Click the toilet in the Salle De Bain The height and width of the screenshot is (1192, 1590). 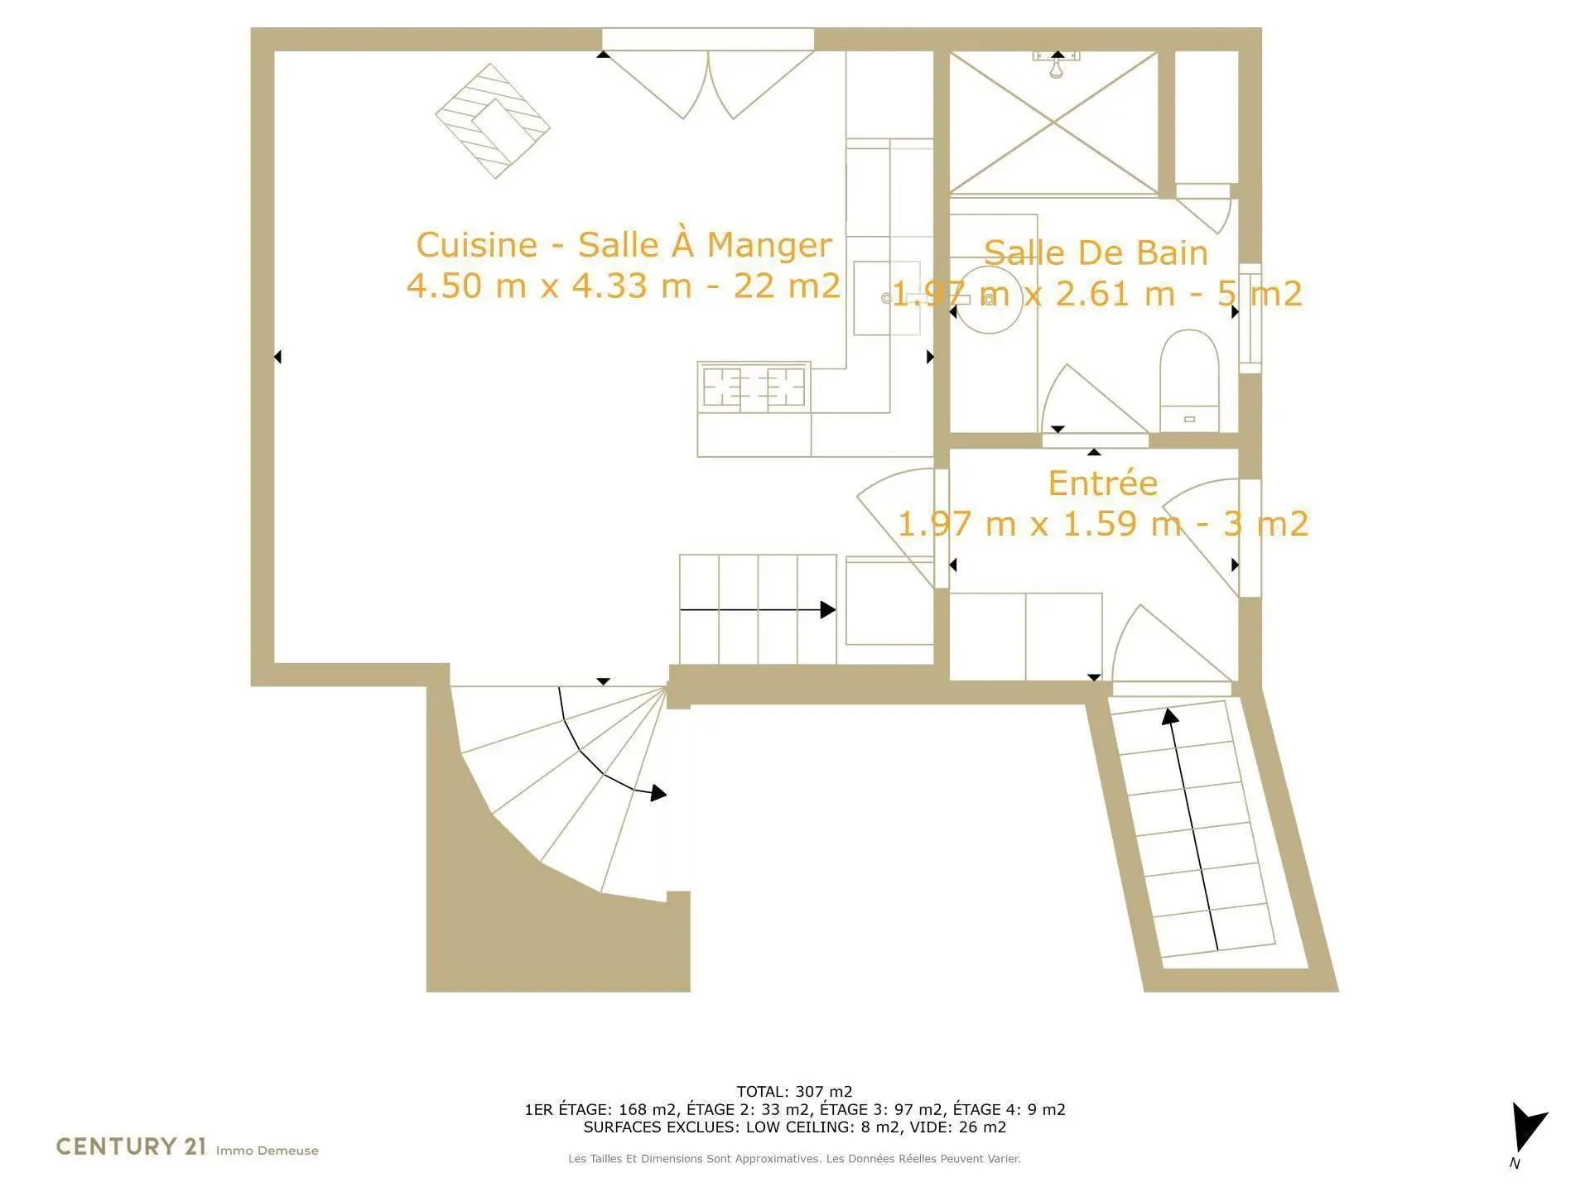(x=1190, y=380)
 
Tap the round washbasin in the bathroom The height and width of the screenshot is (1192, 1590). (x=991, y=299)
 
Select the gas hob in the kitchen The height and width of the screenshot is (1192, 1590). (x=754, y=386)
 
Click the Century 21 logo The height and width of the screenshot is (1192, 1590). (x=131, y=1146)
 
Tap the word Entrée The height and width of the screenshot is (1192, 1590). (x=1102, y=483)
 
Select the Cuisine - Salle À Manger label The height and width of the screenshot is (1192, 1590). (x=624, y=245)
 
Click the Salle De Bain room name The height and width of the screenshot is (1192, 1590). (x=1096, y=252)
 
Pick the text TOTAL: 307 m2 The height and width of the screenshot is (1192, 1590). (x=794, y=1092)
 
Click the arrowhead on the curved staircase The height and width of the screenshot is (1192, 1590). (x=658, y=793)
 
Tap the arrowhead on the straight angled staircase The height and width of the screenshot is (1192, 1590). (x=1169, y=716)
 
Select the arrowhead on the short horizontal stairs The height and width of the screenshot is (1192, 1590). (x=827, y=610)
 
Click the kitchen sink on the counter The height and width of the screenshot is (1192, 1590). (x=886, y=298)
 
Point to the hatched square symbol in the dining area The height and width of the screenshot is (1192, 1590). (x=493, y=121)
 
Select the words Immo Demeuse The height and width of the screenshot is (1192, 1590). (x=267, y=1151)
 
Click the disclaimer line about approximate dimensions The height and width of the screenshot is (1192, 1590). (x=794, y=1159)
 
